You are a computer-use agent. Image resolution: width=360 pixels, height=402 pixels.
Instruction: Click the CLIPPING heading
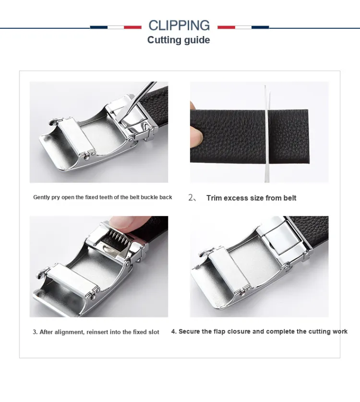(x=179, y=25)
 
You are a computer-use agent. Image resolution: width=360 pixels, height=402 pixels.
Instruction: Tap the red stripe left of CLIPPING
(x=132, y=27)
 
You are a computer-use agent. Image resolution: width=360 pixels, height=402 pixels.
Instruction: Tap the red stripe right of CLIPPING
(x=226, y=27)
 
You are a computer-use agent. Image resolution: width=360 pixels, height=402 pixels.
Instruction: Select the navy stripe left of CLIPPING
(x=99, y=27)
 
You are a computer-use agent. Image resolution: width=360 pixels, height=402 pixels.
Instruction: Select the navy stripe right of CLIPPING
(x=260, y=27)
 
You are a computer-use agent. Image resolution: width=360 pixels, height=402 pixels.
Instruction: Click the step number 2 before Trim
(x=191, y=198)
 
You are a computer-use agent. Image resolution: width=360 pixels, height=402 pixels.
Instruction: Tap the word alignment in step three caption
(x=69, y=332)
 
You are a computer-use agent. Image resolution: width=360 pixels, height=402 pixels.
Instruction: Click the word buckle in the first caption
(x=150, y=197)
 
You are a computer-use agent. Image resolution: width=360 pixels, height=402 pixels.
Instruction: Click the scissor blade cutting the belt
(x=267, y=134)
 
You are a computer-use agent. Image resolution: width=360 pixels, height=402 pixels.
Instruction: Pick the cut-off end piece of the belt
(x=289, y=136)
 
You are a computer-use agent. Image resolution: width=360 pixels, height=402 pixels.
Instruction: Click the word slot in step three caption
(x=154, y=332)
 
